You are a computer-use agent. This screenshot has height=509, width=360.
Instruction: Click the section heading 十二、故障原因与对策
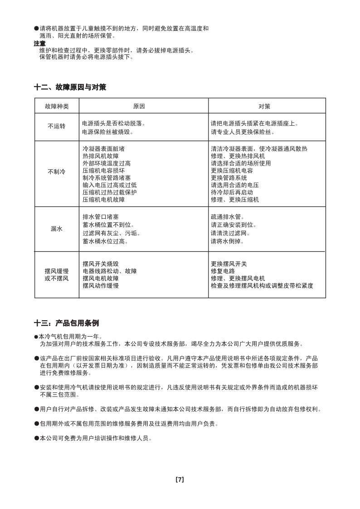click(70, 87)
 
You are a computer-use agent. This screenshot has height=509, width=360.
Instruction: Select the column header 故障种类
click(57, 106)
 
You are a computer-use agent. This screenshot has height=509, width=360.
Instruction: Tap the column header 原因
click(139, 106)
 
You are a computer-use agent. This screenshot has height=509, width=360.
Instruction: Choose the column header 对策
click(264, 106)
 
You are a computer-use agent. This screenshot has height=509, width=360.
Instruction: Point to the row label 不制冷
click(57, 172)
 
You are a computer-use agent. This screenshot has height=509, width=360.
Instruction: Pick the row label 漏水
click(57, 229)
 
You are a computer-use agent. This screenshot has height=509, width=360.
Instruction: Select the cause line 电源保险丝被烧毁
click(108, 132)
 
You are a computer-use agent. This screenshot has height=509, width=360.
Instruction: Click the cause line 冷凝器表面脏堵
click(104, 149)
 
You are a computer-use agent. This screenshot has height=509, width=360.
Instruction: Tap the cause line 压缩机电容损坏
click(104, 171)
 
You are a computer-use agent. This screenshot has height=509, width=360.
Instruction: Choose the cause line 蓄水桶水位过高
click(105, 241)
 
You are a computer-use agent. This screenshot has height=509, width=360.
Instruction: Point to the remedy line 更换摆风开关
click(229, 264)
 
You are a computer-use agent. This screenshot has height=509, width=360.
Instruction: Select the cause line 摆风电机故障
click(101, 279)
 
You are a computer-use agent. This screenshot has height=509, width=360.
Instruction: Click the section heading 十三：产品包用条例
click(66, 323)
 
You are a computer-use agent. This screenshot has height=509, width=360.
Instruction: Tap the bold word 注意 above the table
click(39, 44)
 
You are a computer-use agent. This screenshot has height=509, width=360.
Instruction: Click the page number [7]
click(180, 480)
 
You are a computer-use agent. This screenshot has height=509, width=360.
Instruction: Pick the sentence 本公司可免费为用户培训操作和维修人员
click(96, 438)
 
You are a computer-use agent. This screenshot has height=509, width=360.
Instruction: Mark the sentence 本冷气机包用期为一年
click(68, 337)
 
